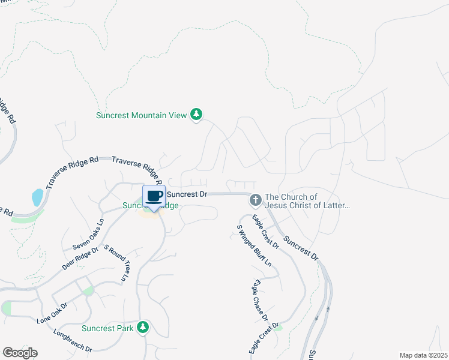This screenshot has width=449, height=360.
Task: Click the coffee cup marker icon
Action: (154, 196)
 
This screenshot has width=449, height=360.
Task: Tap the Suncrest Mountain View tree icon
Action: (196, 114)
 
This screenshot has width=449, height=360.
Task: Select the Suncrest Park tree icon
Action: (143, 328)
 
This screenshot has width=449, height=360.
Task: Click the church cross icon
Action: (255, 199)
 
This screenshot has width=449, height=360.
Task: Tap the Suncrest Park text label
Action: (108, 328)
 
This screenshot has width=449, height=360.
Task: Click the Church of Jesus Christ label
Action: (307, 201)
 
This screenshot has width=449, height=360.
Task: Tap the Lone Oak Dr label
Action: (52, 313)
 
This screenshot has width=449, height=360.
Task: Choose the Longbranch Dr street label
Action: (72, 340)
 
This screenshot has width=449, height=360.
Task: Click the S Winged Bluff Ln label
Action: (254, 245)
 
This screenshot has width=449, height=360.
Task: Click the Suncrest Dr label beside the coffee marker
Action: (187, 194)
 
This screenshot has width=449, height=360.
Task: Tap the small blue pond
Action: (37, 196)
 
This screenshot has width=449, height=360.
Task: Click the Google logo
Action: (20, 353)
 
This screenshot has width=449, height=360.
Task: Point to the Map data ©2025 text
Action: (423, 355)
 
